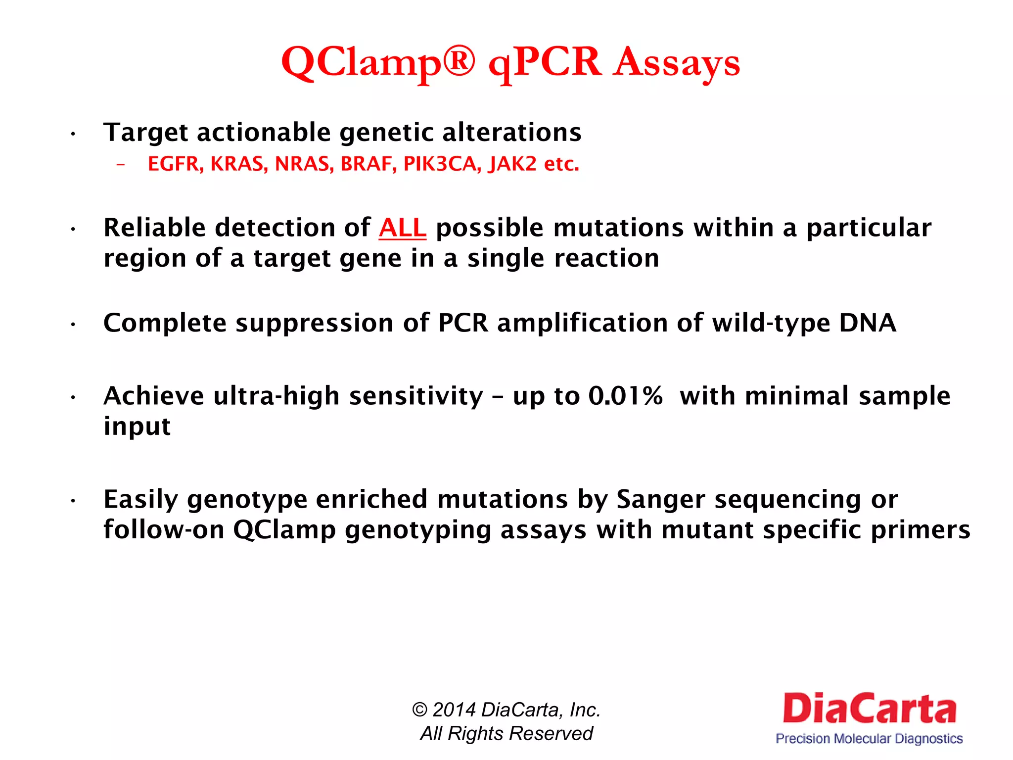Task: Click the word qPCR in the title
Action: point(544,63)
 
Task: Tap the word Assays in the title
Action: point(676,63)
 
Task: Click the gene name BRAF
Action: point(368,164)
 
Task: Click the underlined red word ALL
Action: point(402,228)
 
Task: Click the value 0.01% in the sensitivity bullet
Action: point(625,396)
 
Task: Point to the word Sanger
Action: point(660,499)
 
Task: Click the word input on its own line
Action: point(137,427)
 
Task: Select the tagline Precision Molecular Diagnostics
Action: point(869,739)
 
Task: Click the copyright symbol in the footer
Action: point(419,710)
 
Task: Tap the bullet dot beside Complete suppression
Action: point(73,325)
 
